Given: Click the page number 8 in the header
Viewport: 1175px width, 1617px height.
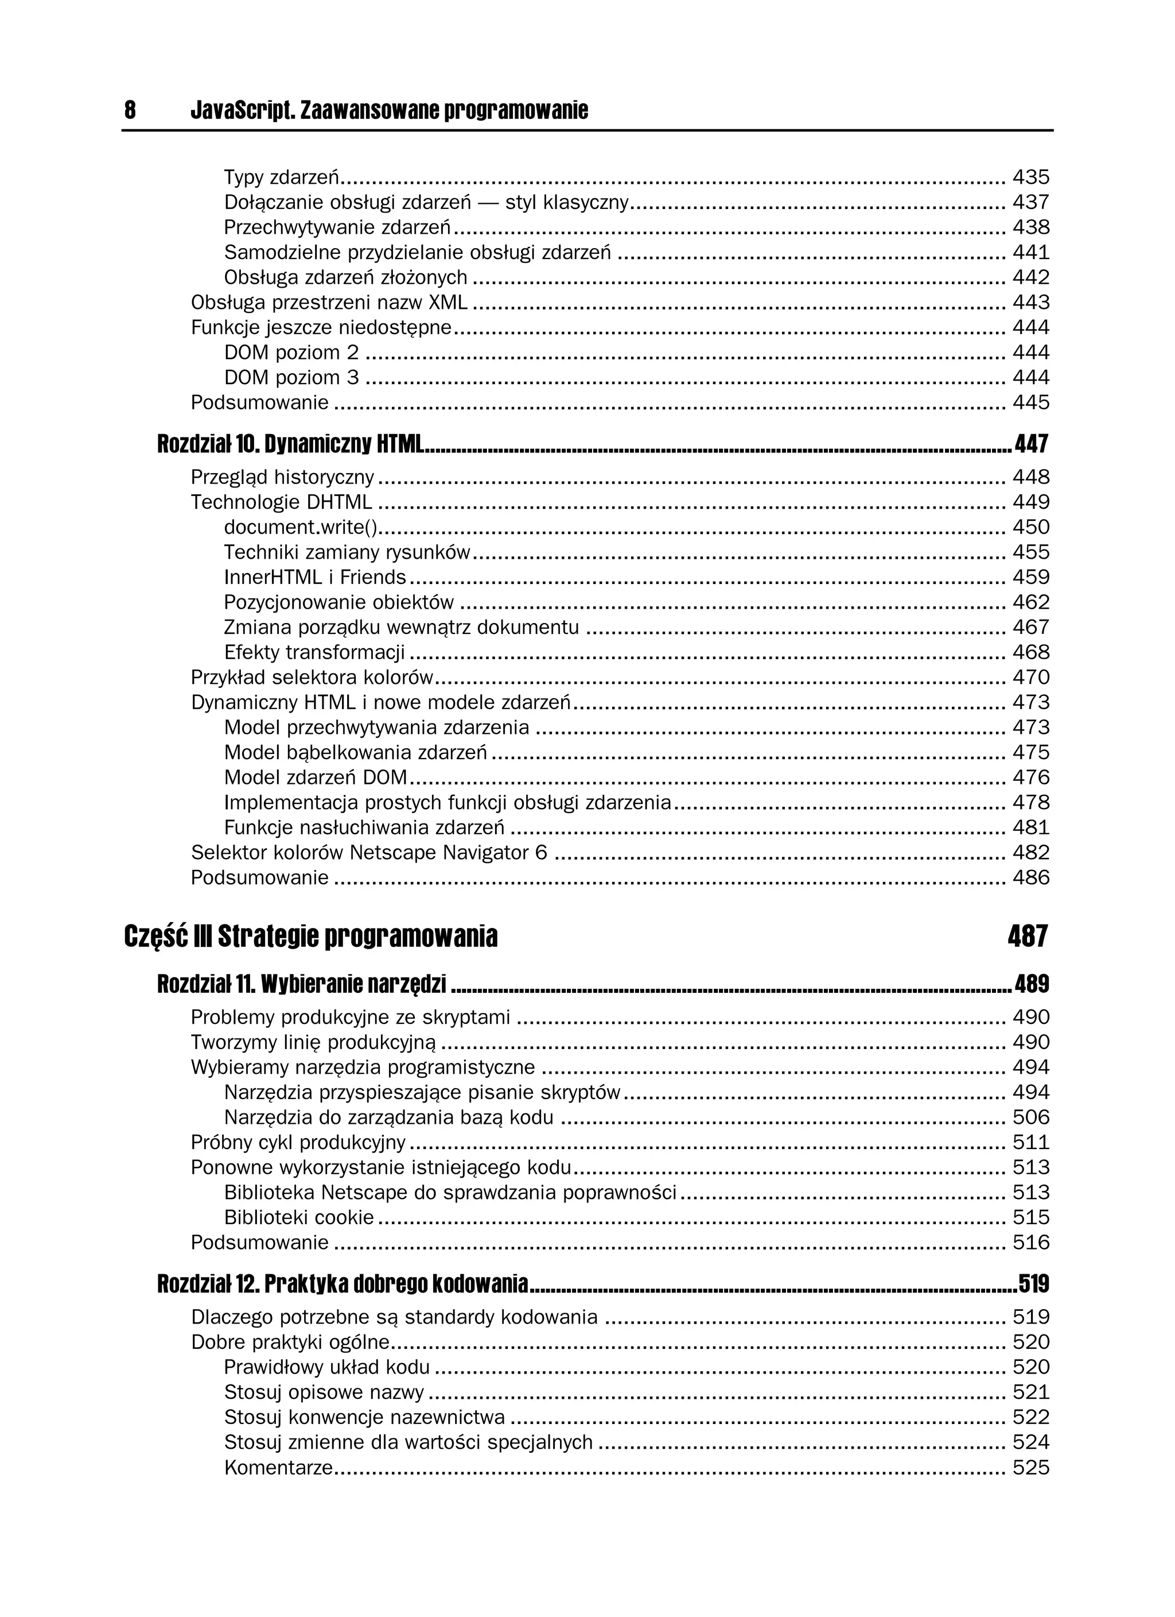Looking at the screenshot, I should pyautogui.click(x=130, y=110).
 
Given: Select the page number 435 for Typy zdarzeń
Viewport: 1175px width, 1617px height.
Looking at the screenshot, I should pyautogui.click(x=1030, y=177).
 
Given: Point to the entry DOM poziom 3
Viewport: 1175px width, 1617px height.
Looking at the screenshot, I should pyautogui.click(x=291, y=377).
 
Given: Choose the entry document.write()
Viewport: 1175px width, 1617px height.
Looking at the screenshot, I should pyautogui.click(x=300, y=527).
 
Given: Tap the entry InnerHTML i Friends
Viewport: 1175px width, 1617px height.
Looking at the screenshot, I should pyautogui.click(x=314, y=577).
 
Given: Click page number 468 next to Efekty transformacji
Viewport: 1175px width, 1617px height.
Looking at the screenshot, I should pyautogui.click(x=1030, y=652).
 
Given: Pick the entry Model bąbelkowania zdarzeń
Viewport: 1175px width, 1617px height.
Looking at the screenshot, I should pyautogui.click(x=355, y=752).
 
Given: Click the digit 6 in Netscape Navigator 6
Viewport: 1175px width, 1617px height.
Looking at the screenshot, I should pyautogui.click(x=541, y=852).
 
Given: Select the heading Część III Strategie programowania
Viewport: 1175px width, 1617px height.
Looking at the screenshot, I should pyautogui.click(x=310, y=936).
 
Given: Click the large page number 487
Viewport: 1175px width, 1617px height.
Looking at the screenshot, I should pyautogui.click(x=1028, y=936).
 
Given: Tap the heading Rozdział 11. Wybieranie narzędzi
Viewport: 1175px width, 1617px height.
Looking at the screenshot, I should pyautogui.click(x=301, y=985).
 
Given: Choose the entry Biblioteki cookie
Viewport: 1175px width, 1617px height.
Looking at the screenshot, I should pyautogui.click(x=298, y=1217).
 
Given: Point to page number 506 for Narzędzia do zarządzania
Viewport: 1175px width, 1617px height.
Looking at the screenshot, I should pyautogui.click(x=1030, y=1117).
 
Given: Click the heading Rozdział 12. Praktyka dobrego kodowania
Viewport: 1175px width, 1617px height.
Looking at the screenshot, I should pyautogui.click(x=342, y=1284).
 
